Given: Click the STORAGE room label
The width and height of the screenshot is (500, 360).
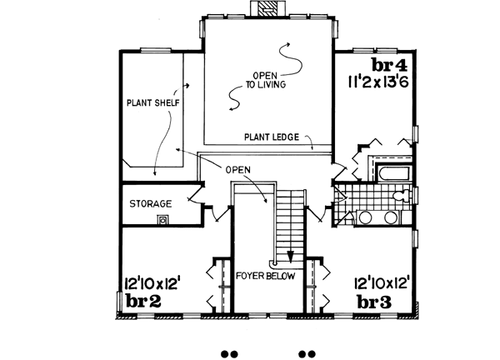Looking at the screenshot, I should pyautogui.click(x=150, y=203).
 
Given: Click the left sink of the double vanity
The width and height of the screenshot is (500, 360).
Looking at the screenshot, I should pyautogui.click(x=366, y=217).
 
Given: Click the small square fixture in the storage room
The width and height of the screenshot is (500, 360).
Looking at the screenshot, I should pyautogui.click(x=164, y=220).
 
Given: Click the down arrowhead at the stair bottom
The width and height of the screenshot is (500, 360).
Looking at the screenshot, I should pyautogui.click(x=291, y=256).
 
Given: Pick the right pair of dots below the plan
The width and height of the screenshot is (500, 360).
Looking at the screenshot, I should pyautogui.click(x=307, y=352).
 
